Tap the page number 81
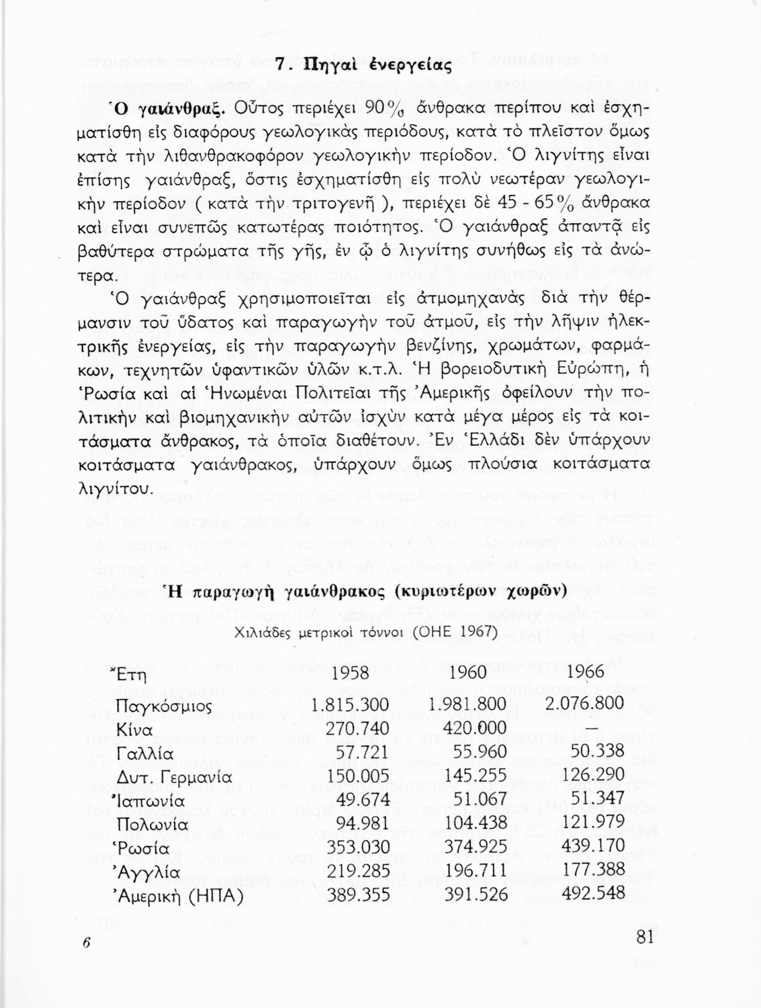pyautogui.click(x=643, y=937)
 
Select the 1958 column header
pyautogui.click(x=351, y=672)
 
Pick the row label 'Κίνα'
pyautogui.click(x=134, y=730)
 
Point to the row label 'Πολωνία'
pyautogui.click(x=152, y=825)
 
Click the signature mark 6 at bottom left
pyautogui.click(x=86, y=943)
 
